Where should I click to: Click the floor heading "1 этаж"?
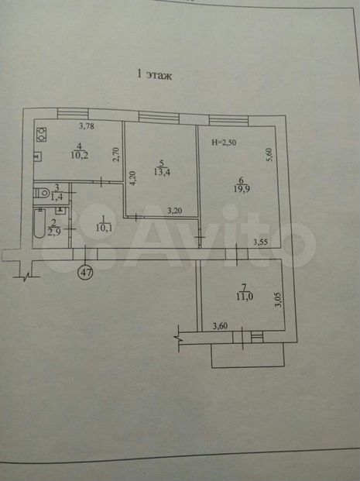tap(154, 75)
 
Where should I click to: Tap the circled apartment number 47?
tap(86, 272)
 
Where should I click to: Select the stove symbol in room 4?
tap(41, 135)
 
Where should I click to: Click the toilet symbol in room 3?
tap(42, 194)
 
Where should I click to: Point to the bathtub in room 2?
tap(39, 223)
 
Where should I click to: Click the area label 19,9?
tap(242, 189)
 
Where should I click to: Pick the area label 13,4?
tap(162, 172)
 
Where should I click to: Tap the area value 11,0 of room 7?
tap(245, 297)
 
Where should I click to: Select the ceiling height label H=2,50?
tap(225, 143)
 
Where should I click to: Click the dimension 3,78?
tap(87, 125)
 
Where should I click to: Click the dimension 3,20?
tap(175, 211)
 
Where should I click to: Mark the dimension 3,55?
tap(260, 242)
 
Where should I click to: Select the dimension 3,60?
tap(220, 326)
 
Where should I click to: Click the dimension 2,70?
tap(115, 154)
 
